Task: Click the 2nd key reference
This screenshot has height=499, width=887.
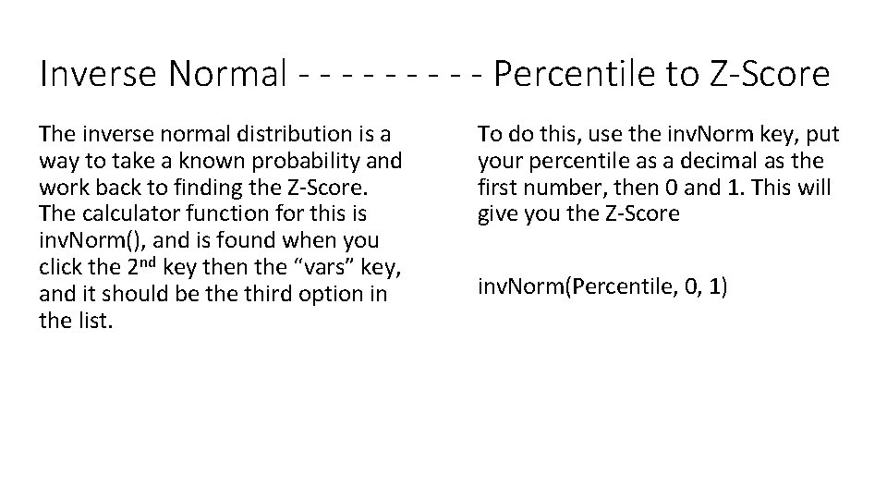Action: click(142, 268)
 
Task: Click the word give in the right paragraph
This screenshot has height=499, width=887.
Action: click(497, 214)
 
